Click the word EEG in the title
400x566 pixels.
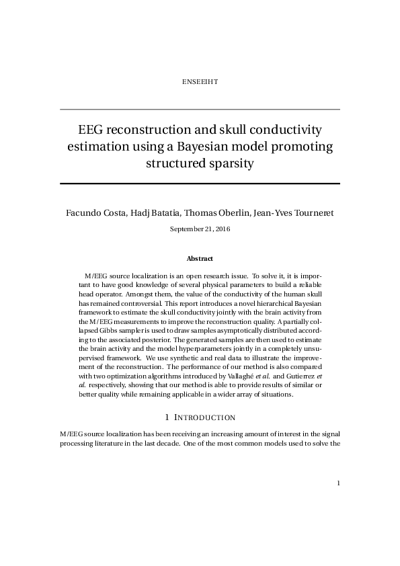pyautogui.click(x=91, y=129)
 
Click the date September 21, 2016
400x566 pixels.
pyautogui.click(x=200, y=229)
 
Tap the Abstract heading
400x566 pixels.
pyautogui.click(x=200, y=258)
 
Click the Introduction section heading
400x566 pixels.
pyautogui.click(x=200, y=417)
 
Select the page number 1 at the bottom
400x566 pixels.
pyautogui.click(x=339, y=482)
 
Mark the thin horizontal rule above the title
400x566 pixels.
pyautogui.click(x=200, y=109)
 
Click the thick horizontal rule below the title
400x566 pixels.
pyautogui.click(x=200, y=183)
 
